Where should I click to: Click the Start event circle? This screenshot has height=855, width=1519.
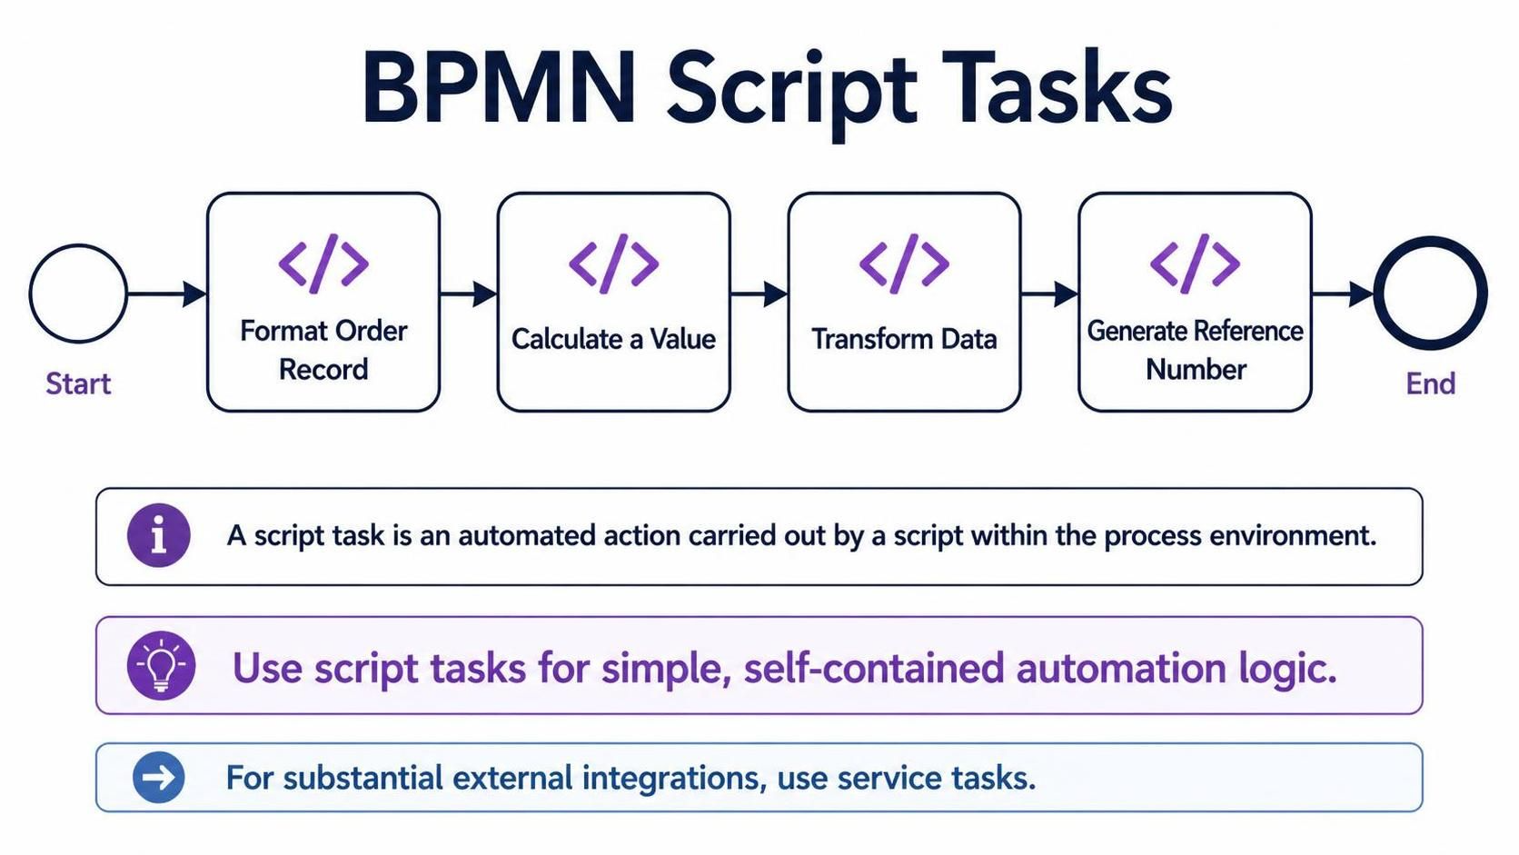tap(31, 293)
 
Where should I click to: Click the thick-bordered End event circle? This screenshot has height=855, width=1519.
tap(1379, 293)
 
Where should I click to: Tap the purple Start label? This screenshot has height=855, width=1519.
tap(78, 383)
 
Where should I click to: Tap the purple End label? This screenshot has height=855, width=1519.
tap(1431, 383)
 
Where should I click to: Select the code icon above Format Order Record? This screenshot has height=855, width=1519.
tap(323, 263)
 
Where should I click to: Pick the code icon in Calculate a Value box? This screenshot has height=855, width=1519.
tap(614, 263)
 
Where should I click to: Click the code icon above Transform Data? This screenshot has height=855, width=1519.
tap(904, 263)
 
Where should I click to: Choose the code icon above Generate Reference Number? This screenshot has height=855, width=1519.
tap(1195, 263)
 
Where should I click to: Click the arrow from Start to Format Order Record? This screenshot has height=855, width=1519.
tap(167, 294)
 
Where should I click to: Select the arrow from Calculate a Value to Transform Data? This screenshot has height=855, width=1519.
tap(759, 294)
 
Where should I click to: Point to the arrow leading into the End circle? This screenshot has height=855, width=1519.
tap(1343, 294)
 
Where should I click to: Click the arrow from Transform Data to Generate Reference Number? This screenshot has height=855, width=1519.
tap(1049, 294)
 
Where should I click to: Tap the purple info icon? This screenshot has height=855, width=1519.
tap(159, 536)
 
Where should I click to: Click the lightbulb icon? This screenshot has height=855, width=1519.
tap(162, 665)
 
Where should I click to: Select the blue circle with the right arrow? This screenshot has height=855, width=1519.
tap(159, 778)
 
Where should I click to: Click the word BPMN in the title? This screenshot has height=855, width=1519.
tap(500, 88)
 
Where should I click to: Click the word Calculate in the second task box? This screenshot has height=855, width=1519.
tap(566, 339)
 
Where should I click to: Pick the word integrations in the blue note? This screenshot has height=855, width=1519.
tap(674, 779)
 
